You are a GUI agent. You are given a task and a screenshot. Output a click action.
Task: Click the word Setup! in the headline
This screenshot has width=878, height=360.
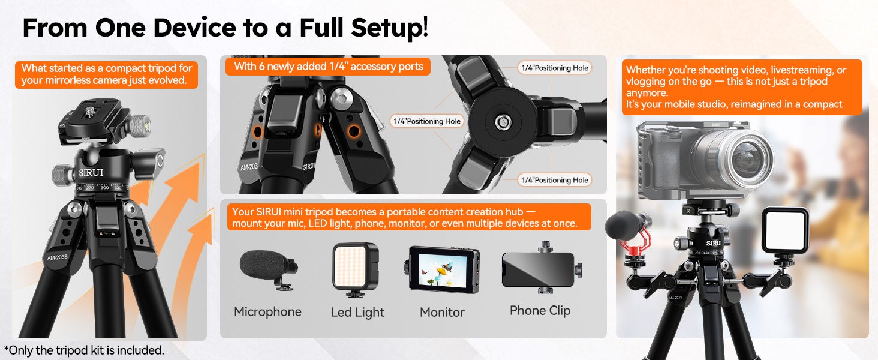click(x=389, y=28)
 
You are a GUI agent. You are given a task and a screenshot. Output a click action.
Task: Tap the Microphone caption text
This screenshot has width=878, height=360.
click(x=267, y=312)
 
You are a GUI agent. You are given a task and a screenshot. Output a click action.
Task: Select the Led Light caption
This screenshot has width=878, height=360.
click(x=357, y=312)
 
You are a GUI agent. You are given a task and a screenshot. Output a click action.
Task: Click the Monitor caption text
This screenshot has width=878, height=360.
click(x=442, y=312)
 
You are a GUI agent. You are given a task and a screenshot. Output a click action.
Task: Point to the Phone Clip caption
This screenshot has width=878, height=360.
click(x=540, y=311)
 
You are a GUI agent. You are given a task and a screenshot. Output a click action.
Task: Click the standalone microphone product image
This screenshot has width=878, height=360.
click(x=269, y=270)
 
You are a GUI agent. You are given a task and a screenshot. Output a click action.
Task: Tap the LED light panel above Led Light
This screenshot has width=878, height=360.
click(x=356, y=266)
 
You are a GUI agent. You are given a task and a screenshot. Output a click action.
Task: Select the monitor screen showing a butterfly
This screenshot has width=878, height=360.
click(x=443, y=270)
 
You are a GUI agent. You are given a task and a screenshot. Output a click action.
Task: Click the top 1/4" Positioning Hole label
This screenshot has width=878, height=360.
click(x=555, y=68)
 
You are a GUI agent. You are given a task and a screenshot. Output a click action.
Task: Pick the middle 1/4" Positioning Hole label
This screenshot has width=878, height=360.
click(x=427, y=121)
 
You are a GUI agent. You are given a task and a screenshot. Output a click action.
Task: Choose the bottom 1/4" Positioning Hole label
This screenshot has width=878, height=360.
click(x=555, y=180)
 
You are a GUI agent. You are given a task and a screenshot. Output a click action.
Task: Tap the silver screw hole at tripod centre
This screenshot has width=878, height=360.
click(x=503, y=122)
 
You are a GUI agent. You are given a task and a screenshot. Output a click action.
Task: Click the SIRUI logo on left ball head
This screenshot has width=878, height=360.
click(x=91, y=173)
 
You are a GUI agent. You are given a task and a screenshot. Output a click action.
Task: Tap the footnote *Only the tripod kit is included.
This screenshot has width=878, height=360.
click(x=84, y=350)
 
